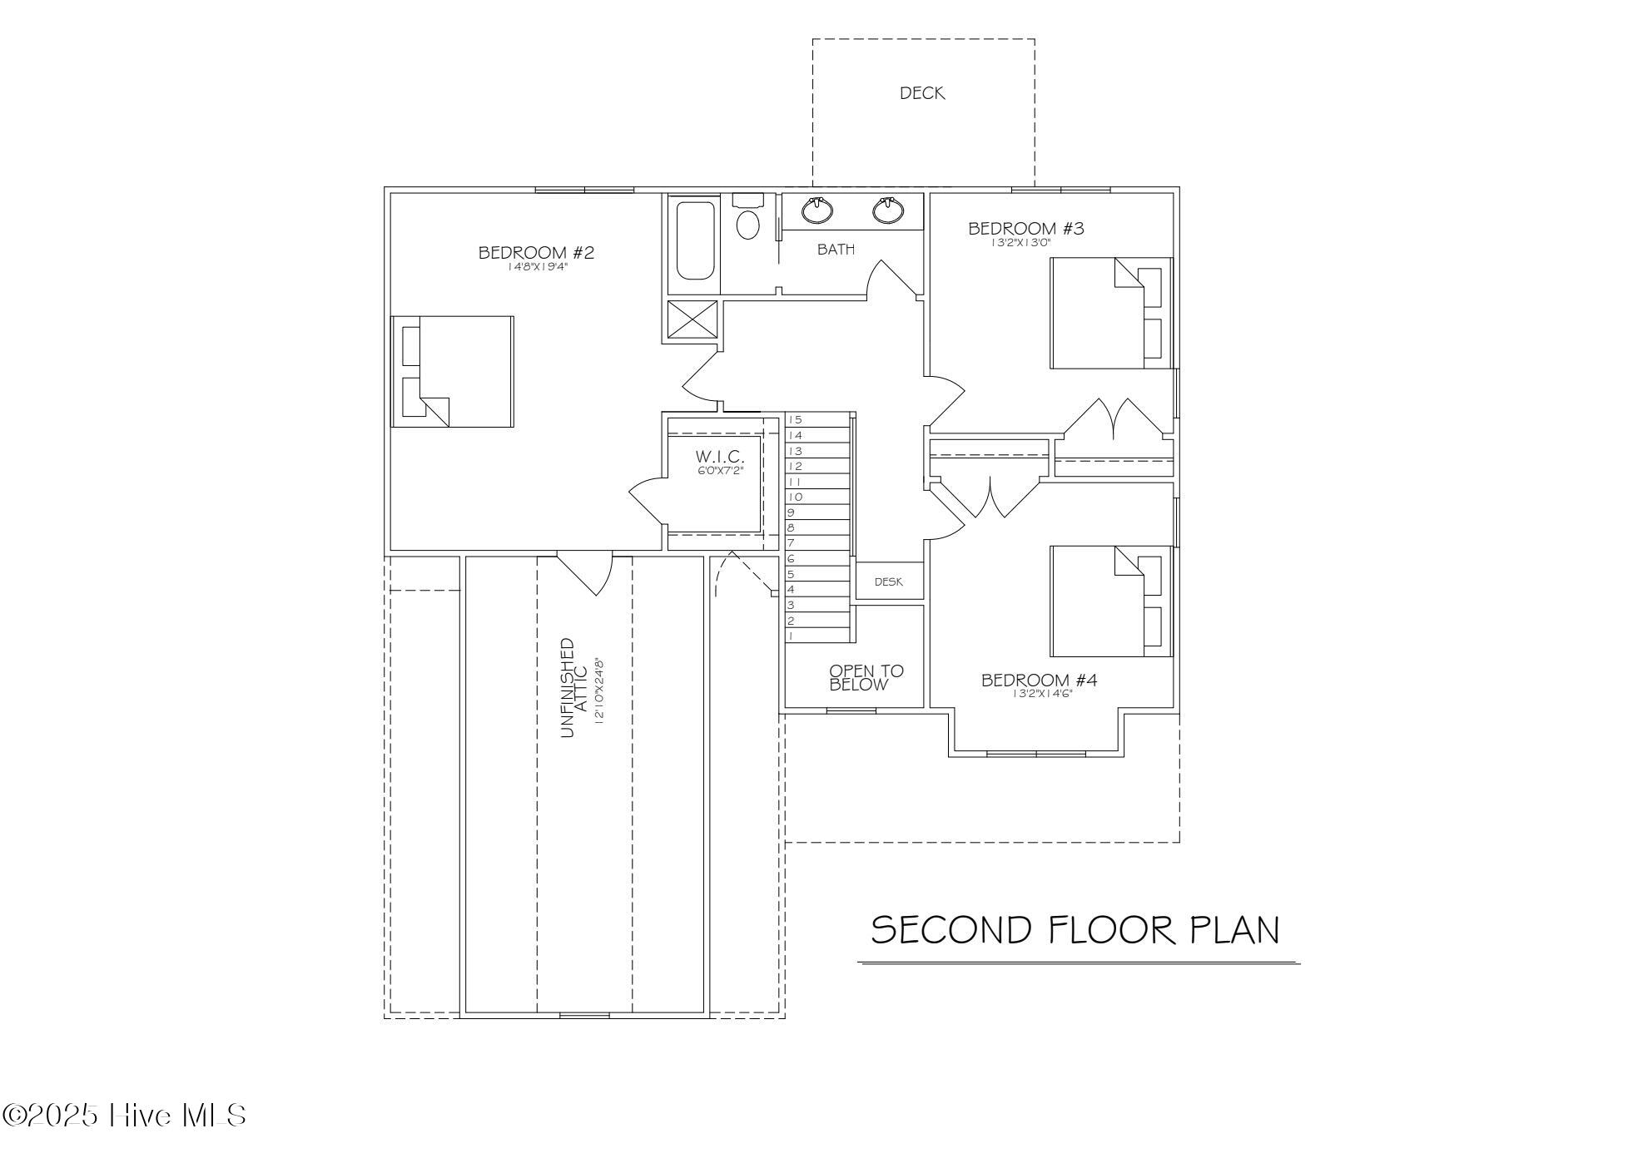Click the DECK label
922,93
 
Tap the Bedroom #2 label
536,252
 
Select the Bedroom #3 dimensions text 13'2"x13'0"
1021,243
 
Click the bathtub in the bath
695,240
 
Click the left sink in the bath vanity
818,210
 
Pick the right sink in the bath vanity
889,210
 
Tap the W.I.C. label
720,457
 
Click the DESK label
889,582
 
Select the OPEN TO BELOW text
866,678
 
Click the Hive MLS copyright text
125,1116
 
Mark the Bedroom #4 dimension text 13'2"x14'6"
1042,694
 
